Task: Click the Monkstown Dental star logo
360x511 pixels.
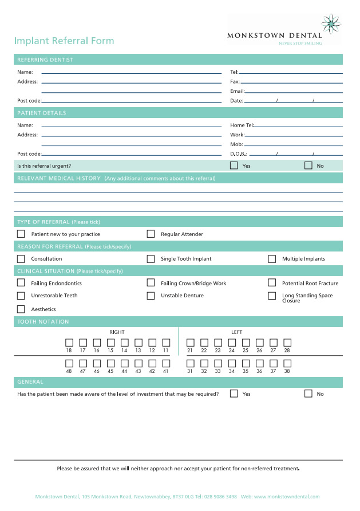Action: (330, 24)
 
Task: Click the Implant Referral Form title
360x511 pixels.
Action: (64, 41)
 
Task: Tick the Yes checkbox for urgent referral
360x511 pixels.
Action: (234, 166)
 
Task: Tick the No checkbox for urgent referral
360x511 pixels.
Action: (308, 166)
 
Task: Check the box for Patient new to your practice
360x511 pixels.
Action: (21, 234)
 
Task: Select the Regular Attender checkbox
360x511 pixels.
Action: (151, 234)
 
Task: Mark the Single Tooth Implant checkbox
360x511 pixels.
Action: (151, 259)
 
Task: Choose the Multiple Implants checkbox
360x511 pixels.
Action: (272, 259)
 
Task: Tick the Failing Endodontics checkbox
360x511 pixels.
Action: (21, 283)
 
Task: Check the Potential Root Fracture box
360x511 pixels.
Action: (272, 283)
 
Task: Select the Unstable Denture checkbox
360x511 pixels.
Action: (151, 296)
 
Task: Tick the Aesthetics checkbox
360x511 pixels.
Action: (21, 309)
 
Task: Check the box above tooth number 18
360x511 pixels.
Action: (69, 343)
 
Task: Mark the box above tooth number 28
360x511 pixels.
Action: (287, 343)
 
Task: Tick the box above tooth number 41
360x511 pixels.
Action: (166, 363)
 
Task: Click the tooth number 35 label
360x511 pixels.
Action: (246, 371)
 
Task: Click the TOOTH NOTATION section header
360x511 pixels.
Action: (43, 322)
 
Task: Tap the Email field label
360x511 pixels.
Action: (237, 91)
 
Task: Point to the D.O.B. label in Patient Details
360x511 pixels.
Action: (238, 154)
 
